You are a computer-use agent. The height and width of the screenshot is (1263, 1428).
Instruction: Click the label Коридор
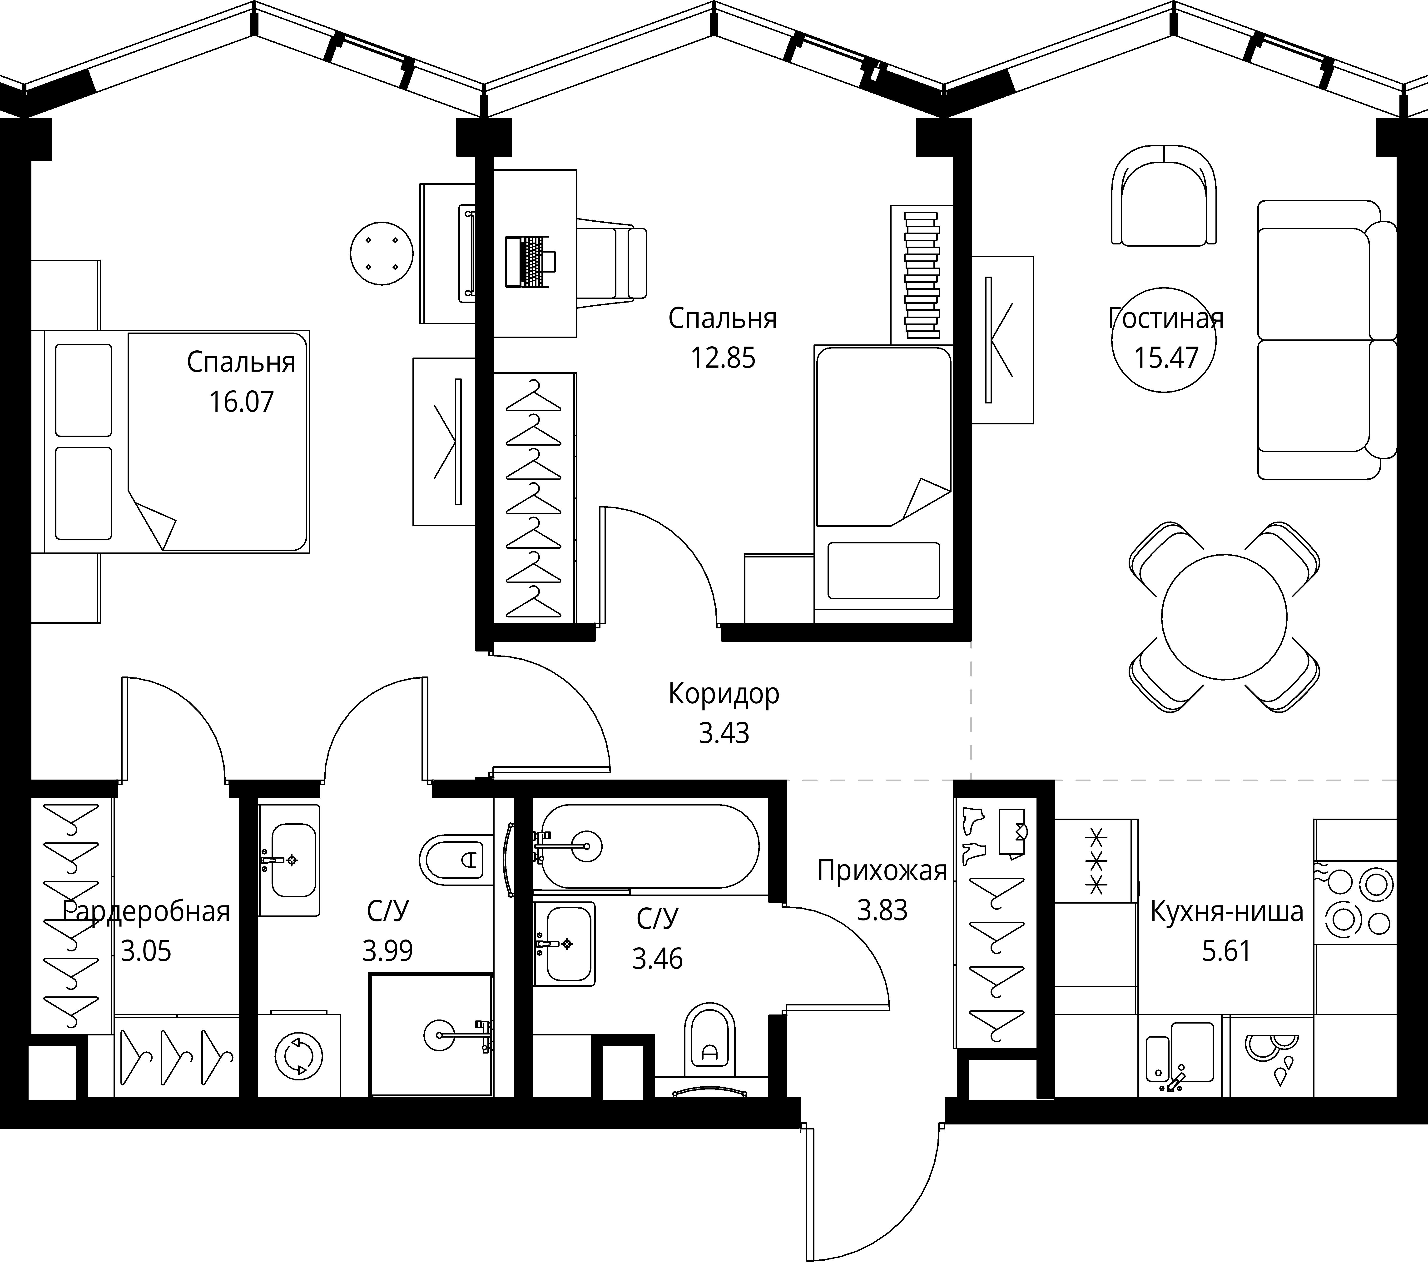(x=724, y=694)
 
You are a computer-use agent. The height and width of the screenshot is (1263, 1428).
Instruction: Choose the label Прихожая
(x=882, y=871)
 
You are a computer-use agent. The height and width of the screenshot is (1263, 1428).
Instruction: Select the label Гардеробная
(x=146, y=912)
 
